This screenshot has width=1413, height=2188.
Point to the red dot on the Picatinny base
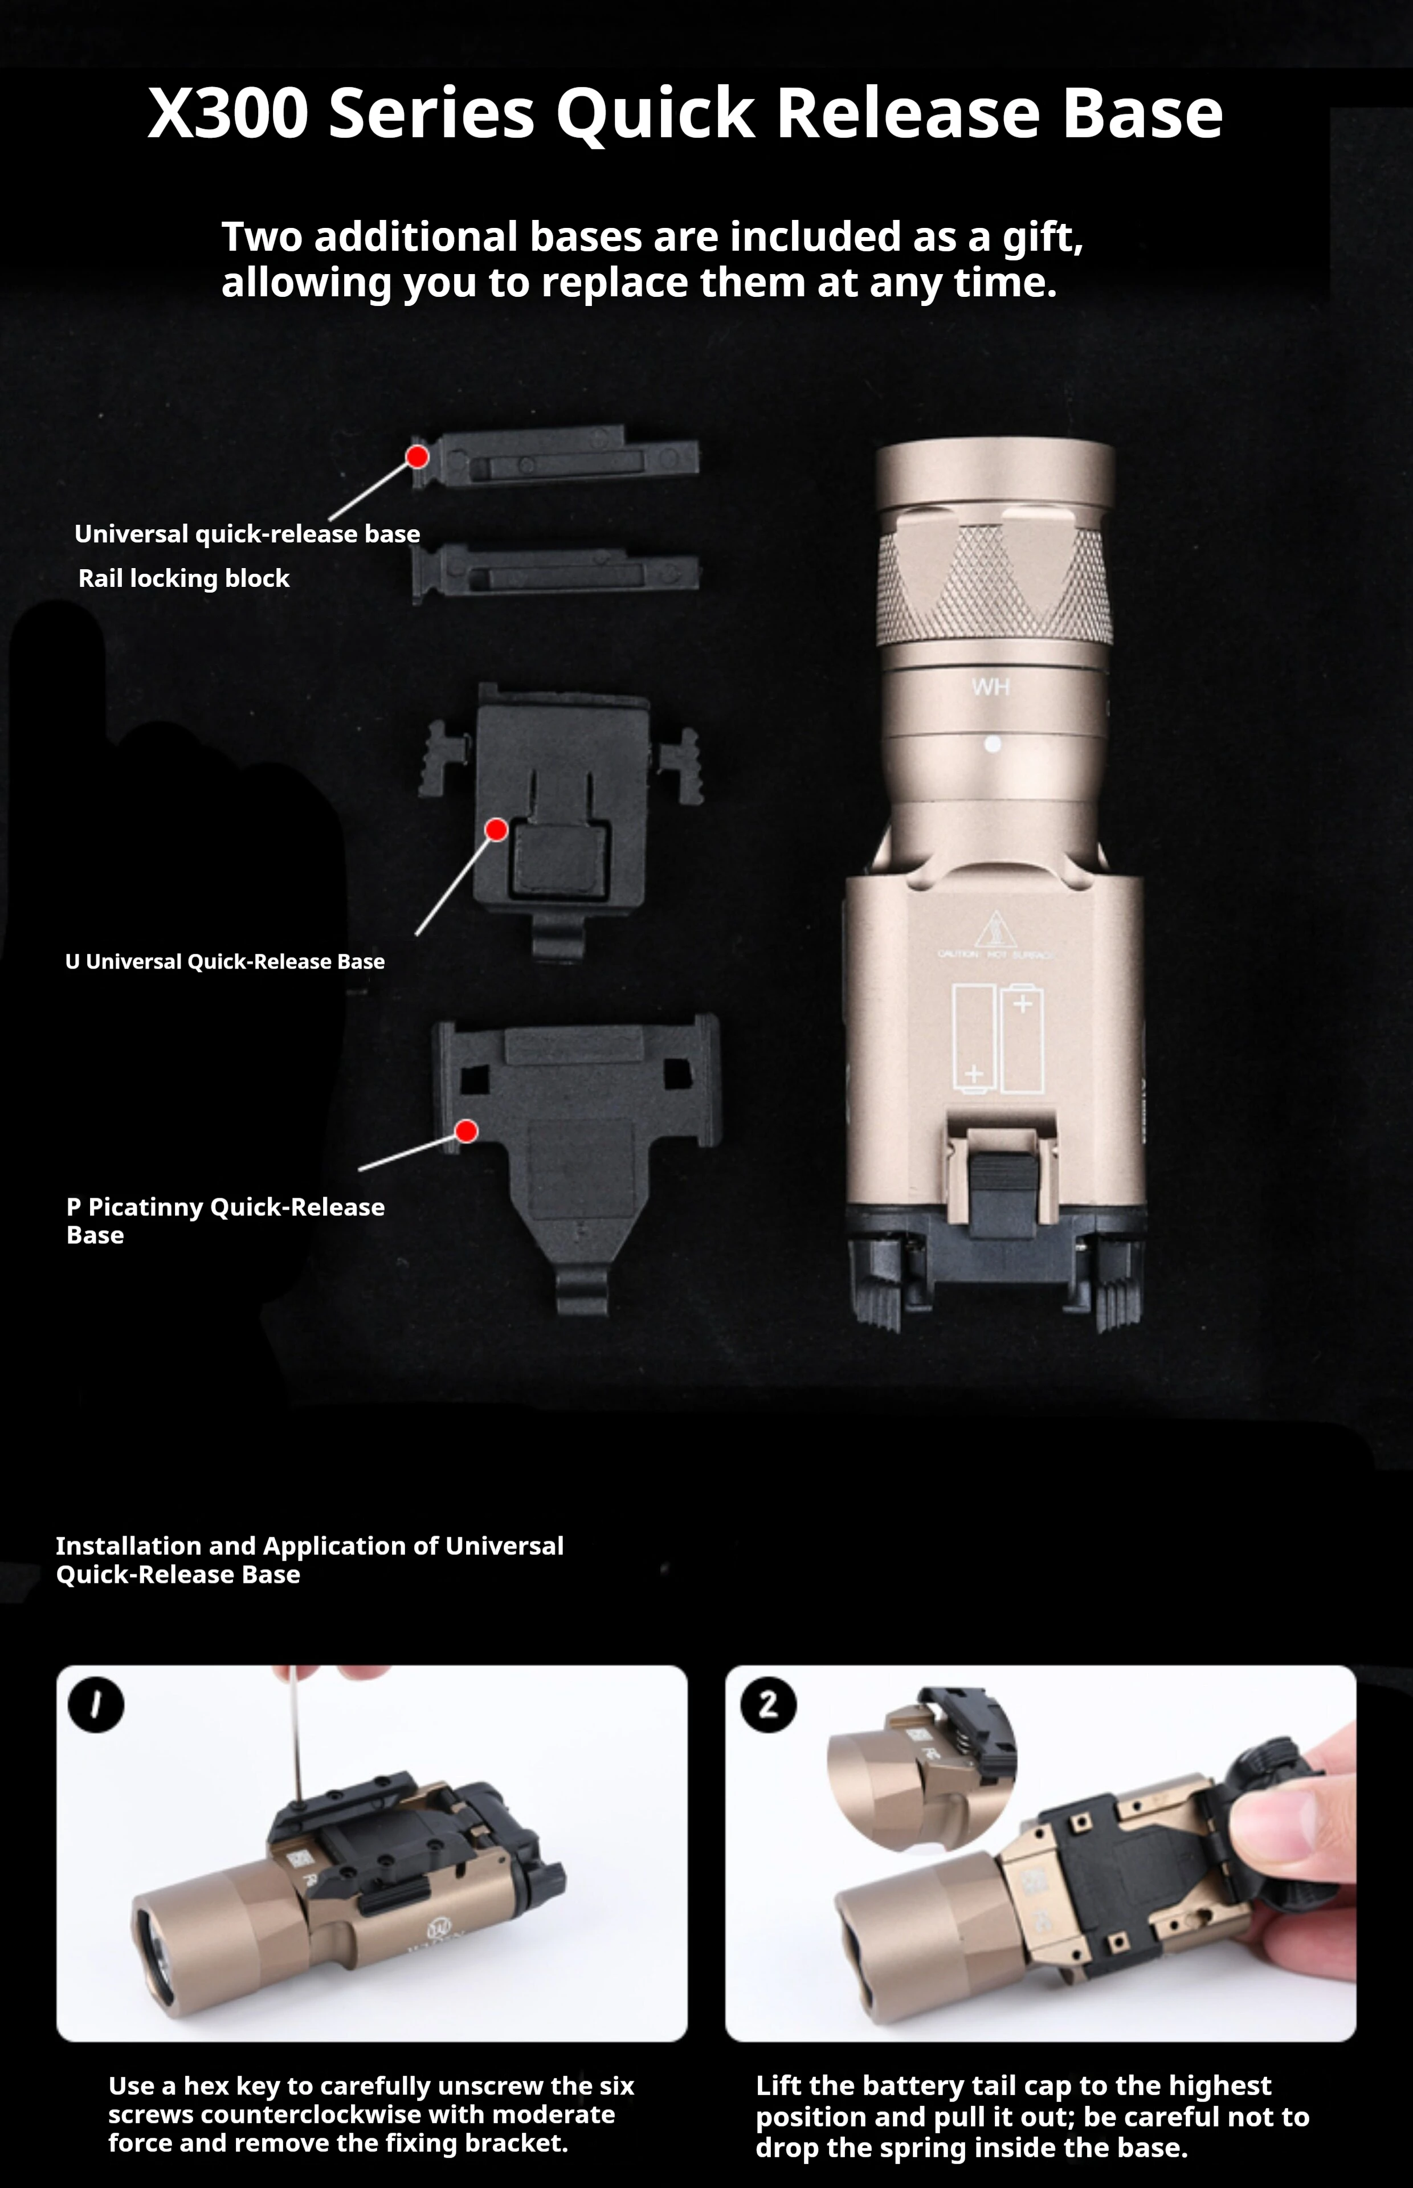pos(466,1131)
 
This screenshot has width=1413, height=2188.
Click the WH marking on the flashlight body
pos(991,687)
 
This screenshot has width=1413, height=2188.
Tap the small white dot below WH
pos(993,744)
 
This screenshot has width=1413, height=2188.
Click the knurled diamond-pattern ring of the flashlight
pos(995,585)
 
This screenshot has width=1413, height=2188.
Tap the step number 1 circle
pos(95,1704)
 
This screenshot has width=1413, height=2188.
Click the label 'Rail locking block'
pos(183,578)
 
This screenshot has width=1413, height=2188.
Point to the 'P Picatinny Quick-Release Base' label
pos(226,1220)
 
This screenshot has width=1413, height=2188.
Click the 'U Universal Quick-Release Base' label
pos(225,961)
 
